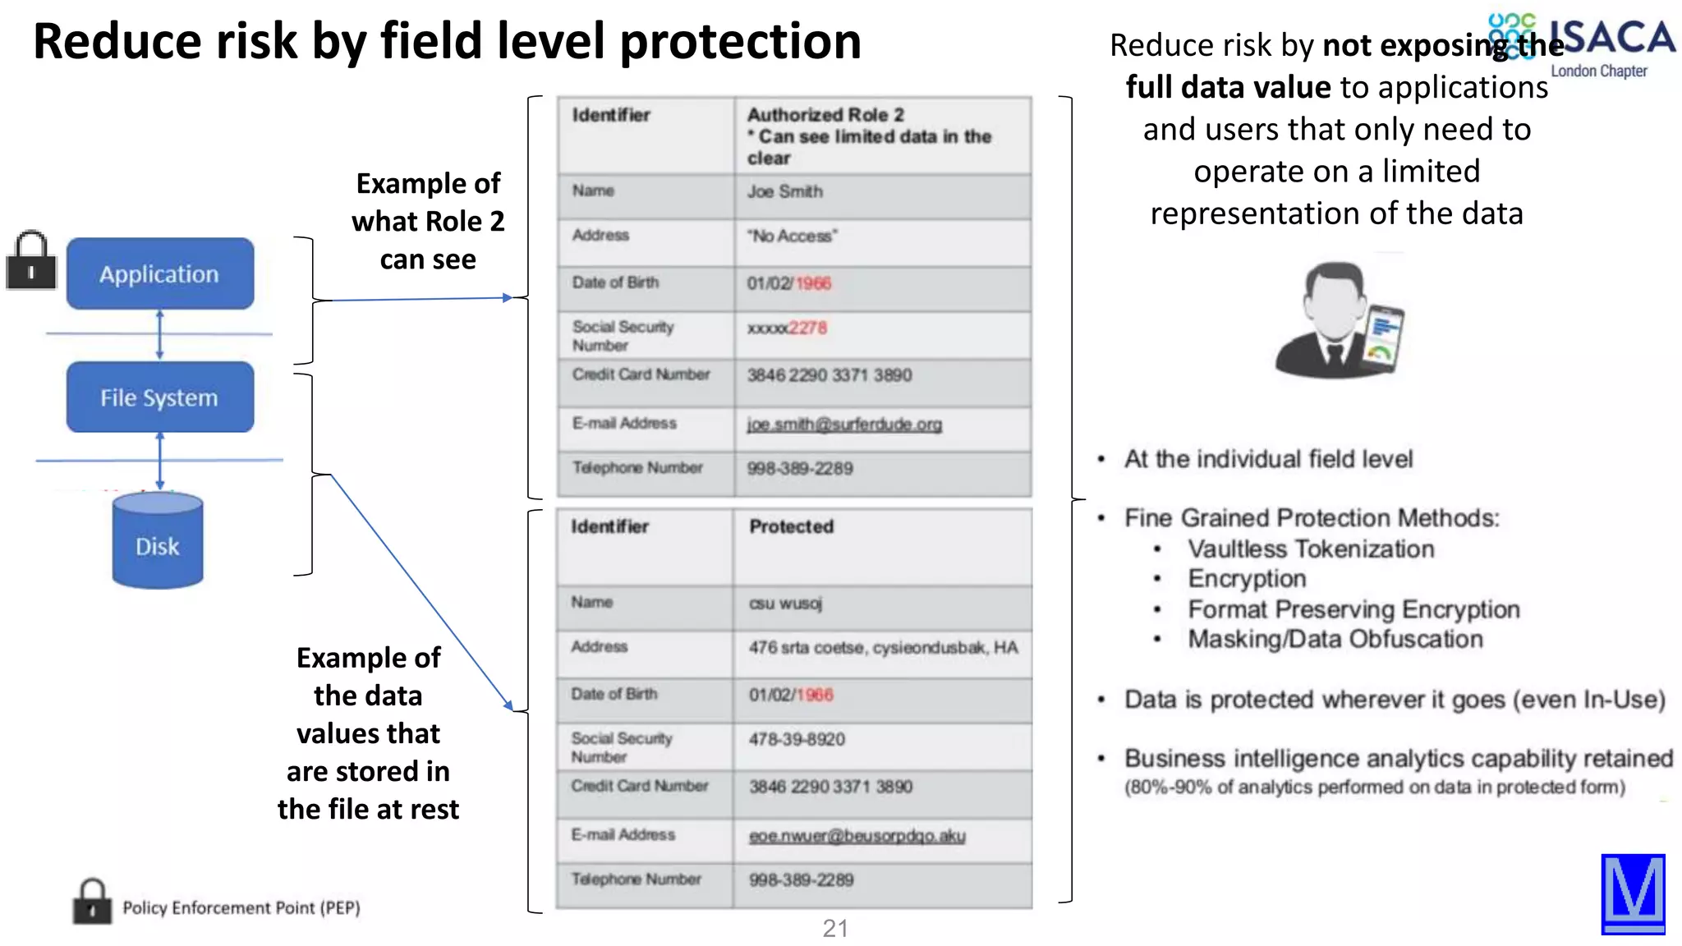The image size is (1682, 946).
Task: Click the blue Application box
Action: [160, 273]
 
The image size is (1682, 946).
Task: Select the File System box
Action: [160, 397]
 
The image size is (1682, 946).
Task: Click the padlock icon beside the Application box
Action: [31, 260]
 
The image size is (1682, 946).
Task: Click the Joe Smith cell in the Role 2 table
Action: [785, 192]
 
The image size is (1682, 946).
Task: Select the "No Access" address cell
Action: [792, 236]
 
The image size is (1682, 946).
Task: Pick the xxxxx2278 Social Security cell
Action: [787, 328]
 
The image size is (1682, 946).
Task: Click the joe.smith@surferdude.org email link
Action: [844, 425]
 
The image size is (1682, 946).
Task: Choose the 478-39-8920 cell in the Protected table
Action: [797, 740]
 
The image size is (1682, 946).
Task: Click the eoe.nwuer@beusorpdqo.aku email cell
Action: [857, 836]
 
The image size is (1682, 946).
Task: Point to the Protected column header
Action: [792, 527]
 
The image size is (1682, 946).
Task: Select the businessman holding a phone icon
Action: [1339, 320]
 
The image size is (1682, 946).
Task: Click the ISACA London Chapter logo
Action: [1582, 45]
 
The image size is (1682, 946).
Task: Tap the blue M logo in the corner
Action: [1633, 894]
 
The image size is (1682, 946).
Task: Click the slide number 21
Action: [835, 929]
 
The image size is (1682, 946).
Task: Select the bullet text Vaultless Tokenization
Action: [1311, 549]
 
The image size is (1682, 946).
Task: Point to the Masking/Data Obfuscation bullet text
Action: [1335, 640]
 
